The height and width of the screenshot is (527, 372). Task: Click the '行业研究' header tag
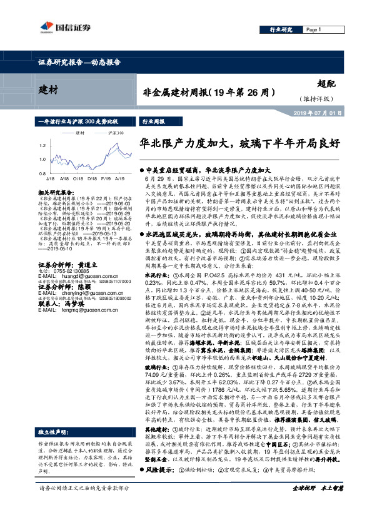click(281, 29)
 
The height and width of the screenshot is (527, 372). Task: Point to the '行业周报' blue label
click(154, 122)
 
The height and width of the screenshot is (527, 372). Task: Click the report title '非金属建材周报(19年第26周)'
click(206, 92)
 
